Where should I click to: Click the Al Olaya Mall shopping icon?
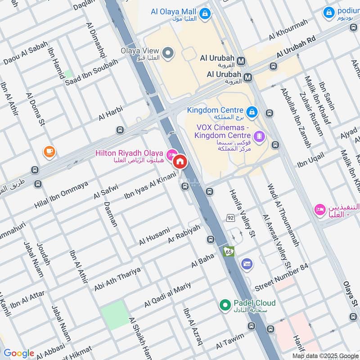pos(205,14)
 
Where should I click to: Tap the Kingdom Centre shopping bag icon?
pos(252,110)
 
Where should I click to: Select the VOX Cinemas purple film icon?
pos(259,135)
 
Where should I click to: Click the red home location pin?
pos(180,161)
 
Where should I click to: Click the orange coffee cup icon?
pos(49,152)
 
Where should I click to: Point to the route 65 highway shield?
pos(229,252)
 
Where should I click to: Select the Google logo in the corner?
pos(18,353)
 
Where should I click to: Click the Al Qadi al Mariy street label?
pos(167,295)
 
